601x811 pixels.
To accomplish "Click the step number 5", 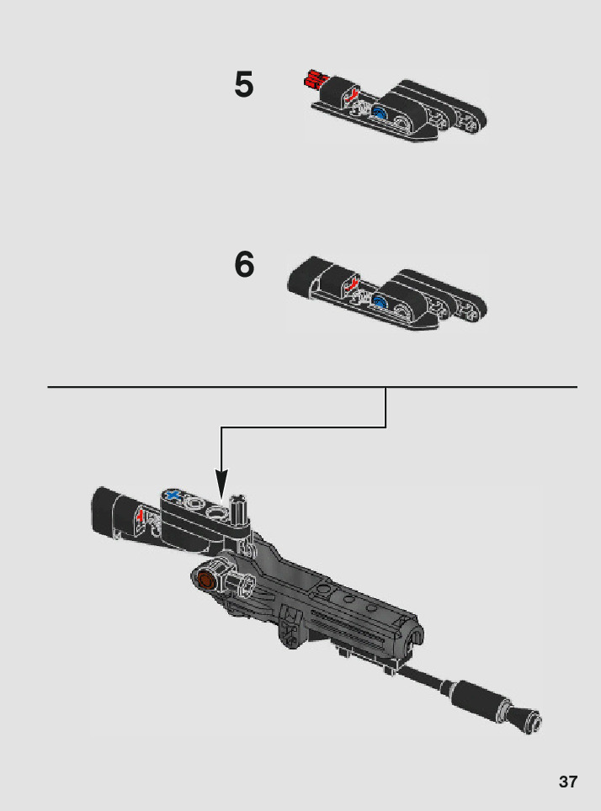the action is (243, 85).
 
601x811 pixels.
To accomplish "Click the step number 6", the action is (243, 264).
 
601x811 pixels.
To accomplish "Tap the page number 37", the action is (568, 782).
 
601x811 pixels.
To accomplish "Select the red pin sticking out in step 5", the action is (312, 81).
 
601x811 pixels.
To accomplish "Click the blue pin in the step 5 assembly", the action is (380, 115).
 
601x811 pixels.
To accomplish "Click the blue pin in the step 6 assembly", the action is (380, 301).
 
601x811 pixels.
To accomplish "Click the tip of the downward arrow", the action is (221, 496).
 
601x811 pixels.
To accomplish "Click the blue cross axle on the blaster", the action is (174, 496).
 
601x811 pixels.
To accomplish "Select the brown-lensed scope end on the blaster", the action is (205, 580).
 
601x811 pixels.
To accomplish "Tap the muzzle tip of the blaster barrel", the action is (532, 720).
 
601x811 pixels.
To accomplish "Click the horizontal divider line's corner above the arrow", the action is (386, 388).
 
